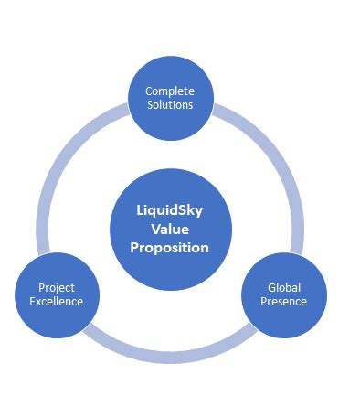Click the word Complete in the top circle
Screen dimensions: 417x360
[170, 91]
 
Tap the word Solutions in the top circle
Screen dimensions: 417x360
[170, 105]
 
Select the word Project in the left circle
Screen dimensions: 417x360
[58, 287]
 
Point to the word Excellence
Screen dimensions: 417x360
[58, 301]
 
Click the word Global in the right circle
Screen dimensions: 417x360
[282, 286]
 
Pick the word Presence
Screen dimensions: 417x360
[282, 301]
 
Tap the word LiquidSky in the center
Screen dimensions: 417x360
[170, 211]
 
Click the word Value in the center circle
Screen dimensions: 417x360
[169, 229]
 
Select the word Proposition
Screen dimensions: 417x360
[169, 247]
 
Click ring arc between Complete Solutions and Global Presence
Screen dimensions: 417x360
[274, 165]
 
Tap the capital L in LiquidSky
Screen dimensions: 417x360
[139, 211]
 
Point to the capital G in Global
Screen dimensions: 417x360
[270, 286]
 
